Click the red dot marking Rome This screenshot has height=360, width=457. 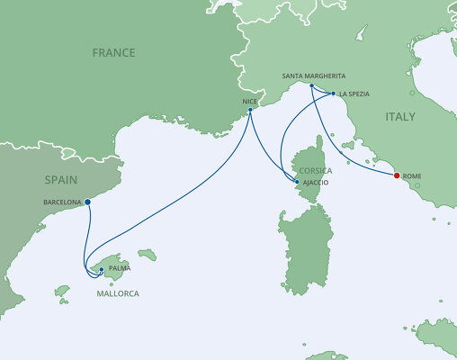(397, 175)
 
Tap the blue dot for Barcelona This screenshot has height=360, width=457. (87, 202)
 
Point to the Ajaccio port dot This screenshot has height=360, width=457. (297, 183)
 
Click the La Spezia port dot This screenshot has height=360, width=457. (333, 94)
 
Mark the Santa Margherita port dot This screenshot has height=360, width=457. (311, 86)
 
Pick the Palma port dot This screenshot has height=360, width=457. (101, 268)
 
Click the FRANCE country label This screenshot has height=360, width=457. (114, 53)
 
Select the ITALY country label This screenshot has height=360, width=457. (401, 117)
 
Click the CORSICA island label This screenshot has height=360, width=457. (317, 171)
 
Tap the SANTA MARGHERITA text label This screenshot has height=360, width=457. (314, 77)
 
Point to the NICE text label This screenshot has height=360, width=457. (249, 102)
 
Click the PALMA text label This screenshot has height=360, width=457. (119, 268)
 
